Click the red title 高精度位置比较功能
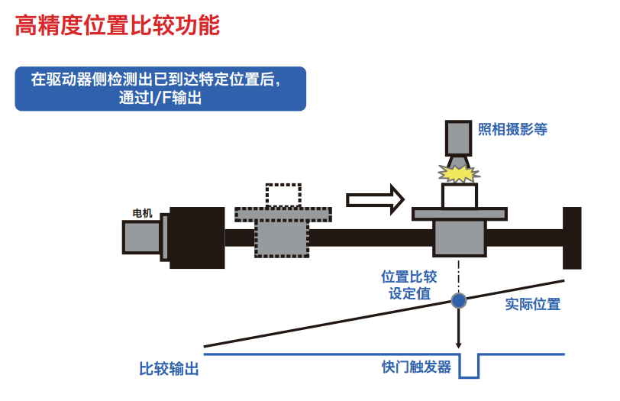coord(118,27)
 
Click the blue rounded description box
coord(160,89)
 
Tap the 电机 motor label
coord(142,213)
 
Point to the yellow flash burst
coord(457,173)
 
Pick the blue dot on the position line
coord(458,300)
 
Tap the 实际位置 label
coord(533,304)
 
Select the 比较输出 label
coord(169,369)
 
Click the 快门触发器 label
coord(416,367)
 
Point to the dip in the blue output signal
coord(469,367)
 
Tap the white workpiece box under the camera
coord(459,196)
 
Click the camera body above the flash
coord(459,137)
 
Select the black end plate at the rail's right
coord(572,238)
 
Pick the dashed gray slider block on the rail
coord(283,238)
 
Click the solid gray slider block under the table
coord(459,238)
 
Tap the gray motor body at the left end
coord(142,236)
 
